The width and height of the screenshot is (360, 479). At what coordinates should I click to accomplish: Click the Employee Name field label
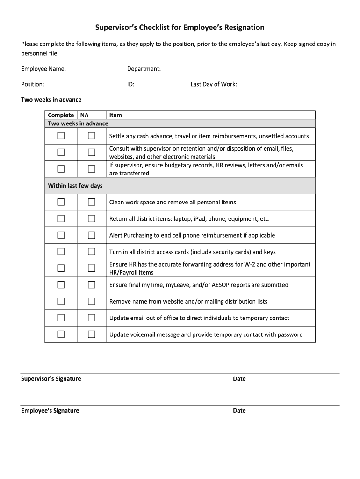[x=43, y=69]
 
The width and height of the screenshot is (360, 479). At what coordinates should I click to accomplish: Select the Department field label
[x=144, y=69]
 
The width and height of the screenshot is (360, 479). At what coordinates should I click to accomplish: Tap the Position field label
[x=33, y=84]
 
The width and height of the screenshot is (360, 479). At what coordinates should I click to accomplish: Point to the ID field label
[x=131, y=84]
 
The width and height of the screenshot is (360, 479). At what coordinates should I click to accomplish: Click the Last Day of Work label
[x=214, y=84]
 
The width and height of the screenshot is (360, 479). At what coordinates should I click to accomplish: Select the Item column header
[x=115, y=115]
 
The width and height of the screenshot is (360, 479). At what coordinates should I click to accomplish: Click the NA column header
[x=85, y=115]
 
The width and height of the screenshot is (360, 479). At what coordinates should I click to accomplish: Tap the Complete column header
[x=61, y=115]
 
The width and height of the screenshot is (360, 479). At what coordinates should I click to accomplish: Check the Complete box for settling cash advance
[x=61, y=136]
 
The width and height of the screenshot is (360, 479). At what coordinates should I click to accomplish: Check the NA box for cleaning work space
[x=92, y=202]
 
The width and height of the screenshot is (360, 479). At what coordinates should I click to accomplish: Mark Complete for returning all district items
[x=61, y=218]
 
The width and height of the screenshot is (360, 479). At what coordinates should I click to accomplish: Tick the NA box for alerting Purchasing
[x=92, y=235]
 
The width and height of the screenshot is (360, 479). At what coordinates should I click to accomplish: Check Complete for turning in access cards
[x=61, y=252]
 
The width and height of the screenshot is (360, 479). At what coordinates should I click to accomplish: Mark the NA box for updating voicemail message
[x=92, y=334]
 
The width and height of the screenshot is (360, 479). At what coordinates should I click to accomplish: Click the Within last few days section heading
[x=75, y=186]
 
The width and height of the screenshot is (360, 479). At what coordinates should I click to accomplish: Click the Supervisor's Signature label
[x=51, y=379]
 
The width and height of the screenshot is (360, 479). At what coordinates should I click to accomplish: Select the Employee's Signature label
[x=50, y=411]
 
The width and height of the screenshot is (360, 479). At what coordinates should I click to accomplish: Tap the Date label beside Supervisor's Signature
[x=239, y=379]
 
